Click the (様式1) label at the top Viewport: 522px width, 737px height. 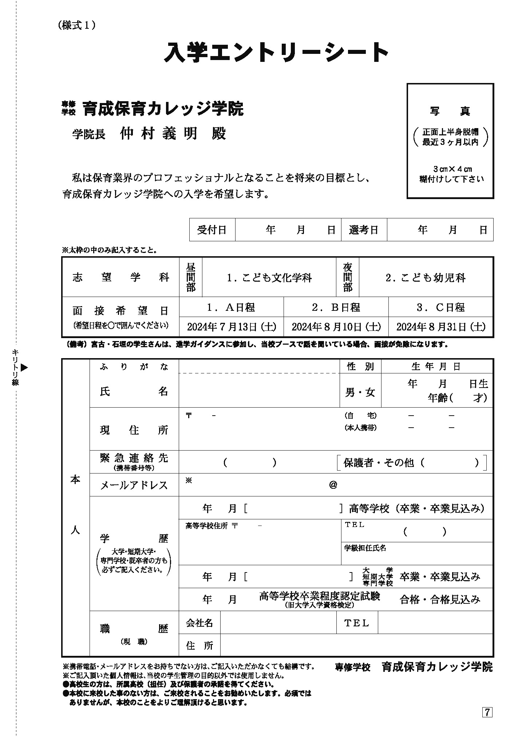tap(76, 25)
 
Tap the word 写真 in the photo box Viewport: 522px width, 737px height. tap(450, 111)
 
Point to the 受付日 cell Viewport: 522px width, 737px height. tap(212, 230)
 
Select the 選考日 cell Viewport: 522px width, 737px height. tap(364, 230)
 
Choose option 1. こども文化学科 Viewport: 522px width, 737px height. tap(269, 278)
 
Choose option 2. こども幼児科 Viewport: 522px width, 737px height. tap(426, 278)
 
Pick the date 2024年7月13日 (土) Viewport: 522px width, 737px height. tap(232, 327)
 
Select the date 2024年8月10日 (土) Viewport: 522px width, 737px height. tap(336, 327)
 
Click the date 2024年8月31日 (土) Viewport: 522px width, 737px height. tap(441, 327)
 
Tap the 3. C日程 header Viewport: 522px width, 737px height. tap(441, 308)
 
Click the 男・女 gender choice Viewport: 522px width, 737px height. tap(360, 392)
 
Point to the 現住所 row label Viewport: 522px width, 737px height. tap(134, 430)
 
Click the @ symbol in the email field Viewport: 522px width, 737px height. tap(333, 485)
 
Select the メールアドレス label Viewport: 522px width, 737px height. tap(134, 485)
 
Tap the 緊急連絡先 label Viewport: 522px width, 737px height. tap(134, 458)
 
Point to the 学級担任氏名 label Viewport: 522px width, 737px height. tap(365, 548)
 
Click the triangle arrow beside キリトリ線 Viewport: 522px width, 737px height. tap(24, 368)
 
